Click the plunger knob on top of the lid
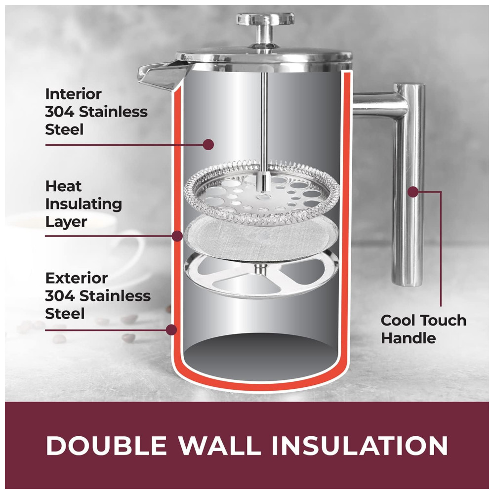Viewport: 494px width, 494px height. coord(265,20)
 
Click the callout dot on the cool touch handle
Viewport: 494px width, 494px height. coord(412,192)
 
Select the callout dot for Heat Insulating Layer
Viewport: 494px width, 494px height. coord(177,236)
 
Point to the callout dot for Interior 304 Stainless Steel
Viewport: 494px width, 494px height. coord(208,144)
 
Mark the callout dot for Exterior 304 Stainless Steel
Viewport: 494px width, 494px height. coord(171,330)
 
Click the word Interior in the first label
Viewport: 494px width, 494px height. coord(74,94)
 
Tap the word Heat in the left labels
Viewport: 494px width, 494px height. coord(63,186)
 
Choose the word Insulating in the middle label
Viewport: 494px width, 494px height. coord(84,204)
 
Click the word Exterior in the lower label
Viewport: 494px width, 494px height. coord(77,278)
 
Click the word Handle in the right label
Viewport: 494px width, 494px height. coord(409,338)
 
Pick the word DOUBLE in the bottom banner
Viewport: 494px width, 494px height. coord(106,446)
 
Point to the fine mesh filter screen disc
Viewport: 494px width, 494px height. coord(261,238)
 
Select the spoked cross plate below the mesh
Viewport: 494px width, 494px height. coord(261,274)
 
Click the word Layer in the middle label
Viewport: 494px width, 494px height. coord(66,222)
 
